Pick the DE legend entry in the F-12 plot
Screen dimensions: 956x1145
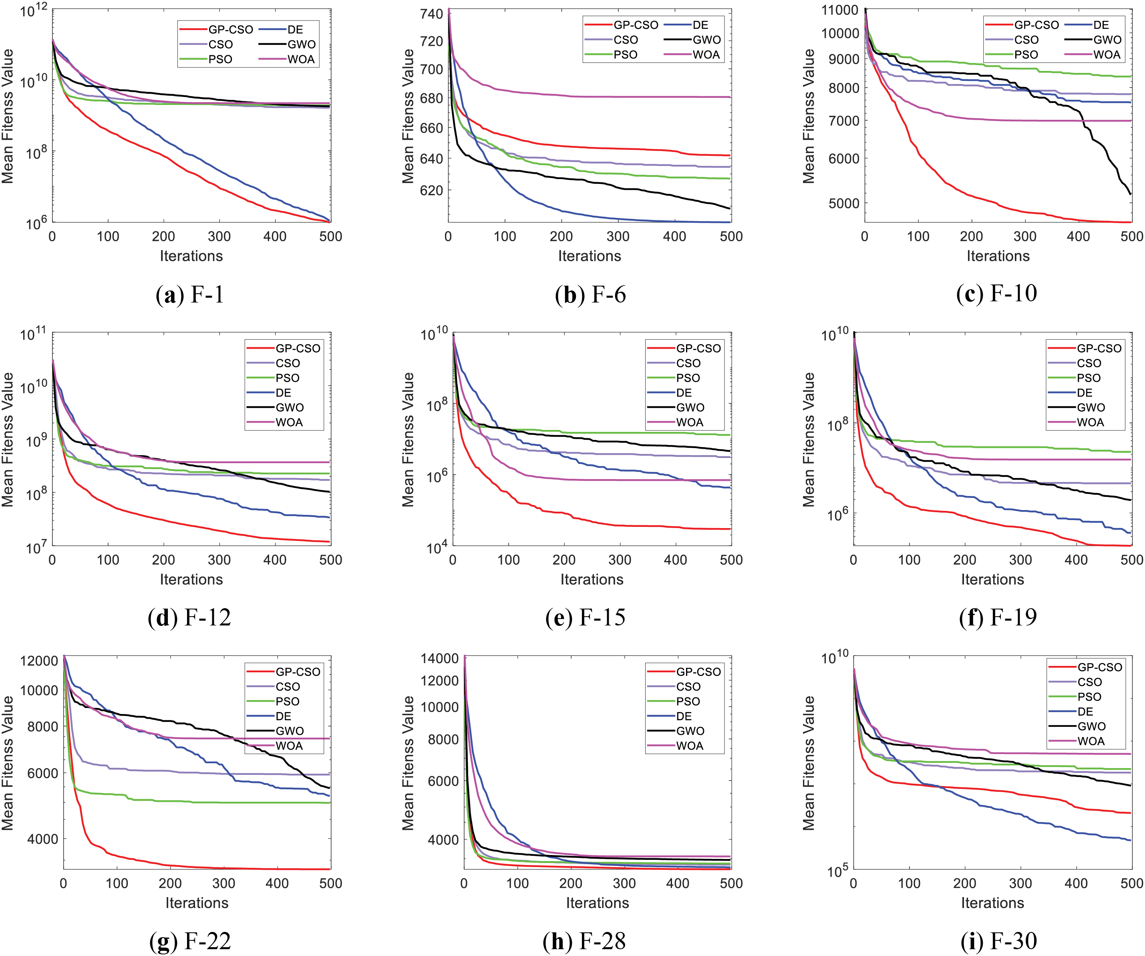pos(283,393)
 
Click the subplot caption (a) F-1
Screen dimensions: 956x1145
pos(190,295)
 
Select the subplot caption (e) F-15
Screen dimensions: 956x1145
pos(585,617)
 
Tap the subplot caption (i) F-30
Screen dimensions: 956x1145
pos(998,941)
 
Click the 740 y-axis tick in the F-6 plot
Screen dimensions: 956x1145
pos(431,14)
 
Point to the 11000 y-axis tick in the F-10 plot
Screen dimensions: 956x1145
pos(840,10)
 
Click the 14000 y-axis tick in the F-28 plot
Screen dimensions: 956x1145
pos(439,658)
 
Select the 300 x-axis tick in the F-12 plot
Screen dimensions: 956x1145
pos(219,559)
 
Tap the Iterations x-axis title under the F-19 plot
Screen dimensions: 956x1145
pos(992,579)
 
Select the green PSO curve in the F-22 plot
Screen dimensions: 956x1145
pos(218,802)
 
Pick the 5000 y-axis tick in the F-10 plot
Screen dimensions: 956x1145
pos(843,204)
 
